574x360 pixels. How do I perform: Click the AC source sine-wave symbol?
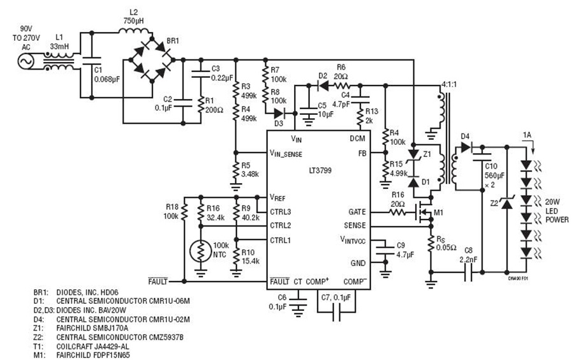coord(26,61)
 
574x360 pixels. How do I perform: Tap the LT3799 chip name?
coord(320,170)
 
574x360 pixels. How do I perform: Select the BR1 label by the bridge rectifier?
coord(173,41)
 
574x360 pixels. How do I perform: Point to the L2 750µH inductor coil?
coord(134,31)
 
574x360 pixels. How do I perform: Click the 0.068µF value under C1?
coord(107,79)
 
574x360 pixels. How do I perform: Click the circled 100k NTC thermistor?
coord(201,250)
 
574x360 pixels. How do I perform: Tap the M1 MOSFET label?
coord(439,212)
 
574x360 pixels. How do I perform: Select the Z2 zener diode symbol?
coord(506,203)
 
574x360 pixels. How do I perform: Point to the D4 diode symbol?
coord(466,147)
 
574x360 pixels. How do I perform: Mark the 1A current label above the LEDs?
coord(527,135)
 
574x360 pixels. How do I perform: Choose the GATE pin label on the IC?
coord(357,212)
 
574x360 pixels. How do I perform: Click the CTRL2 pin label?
coord(281,225)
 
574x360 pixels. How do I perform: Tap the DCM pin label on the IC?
coord(357,139)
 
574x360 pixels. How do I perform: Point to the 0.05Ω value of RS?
coord(446,248)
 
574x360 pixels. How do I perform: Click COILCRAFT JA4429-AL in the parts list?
coord(92,346)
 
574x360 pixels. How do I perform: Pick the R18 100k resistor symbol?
coord(184,212)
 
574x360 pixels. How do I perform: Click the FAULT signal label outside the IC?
coord(158,281)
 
